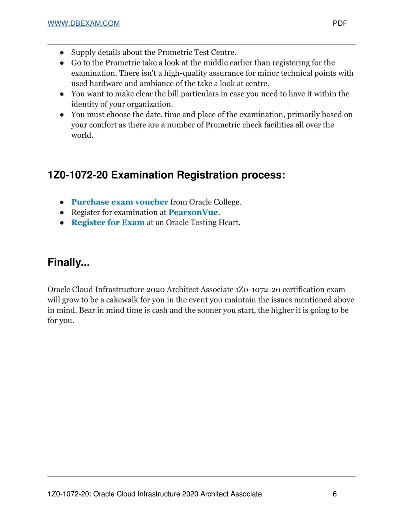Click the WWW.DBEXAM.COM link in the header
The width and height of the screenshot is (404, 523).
[x=84, y=23]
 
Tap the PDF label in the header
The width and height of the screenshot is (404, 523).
[x=340, y=23]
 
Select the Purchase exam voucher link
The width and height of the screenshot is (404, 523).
[x=120, y=202]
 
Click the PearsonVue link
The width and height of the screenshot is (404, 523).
[x=193, y=212]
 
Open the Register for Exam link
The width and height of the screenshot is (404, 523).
[x=108, y=223]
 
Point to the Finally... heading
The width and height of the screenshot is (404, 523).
[x=69, y=262]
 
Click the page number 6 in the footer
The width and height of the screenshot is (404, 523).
[x=335, y=494]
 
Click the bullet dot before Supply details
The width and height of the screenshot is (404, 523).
[x=62, y=52]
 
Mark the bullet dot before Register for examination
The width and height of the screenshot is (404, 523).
[x=62, y=212]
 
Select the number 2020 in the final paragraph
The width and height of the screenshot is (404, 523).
[x=155, y=290]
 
